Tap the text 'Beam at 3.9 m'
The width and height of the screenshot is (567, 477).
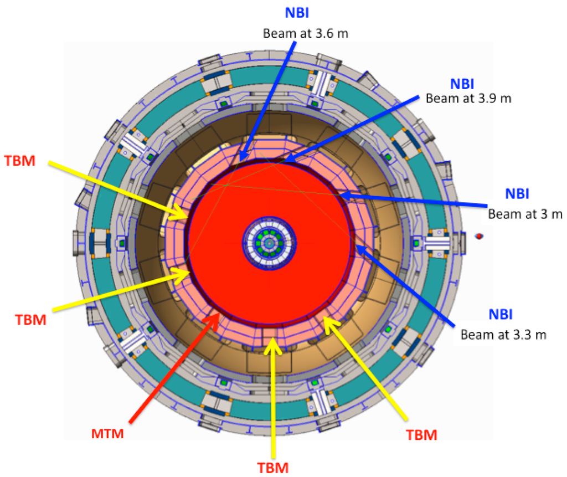coord(468,99)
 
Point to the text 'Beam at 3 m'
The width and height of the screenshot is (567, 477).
coord(525,213)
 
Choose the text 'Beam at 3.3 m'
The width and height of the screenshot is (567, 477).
coord(503,334)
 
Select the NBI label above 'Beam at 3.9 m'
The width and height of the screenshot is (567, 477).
coord(461,83)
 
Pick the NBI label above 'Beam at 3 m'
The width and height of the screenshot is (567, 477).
coord(517,194)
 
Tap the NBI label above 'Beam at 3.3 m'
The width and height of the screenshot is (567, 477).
coord(501,315)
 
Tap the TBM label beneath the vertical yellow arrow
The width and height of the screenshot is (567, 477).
coord(274,467)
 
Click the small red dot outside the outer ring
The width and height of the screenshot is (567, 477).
coord(480,236)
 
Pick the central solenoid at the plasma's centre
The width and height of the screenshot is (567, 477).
coord(270,242)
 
